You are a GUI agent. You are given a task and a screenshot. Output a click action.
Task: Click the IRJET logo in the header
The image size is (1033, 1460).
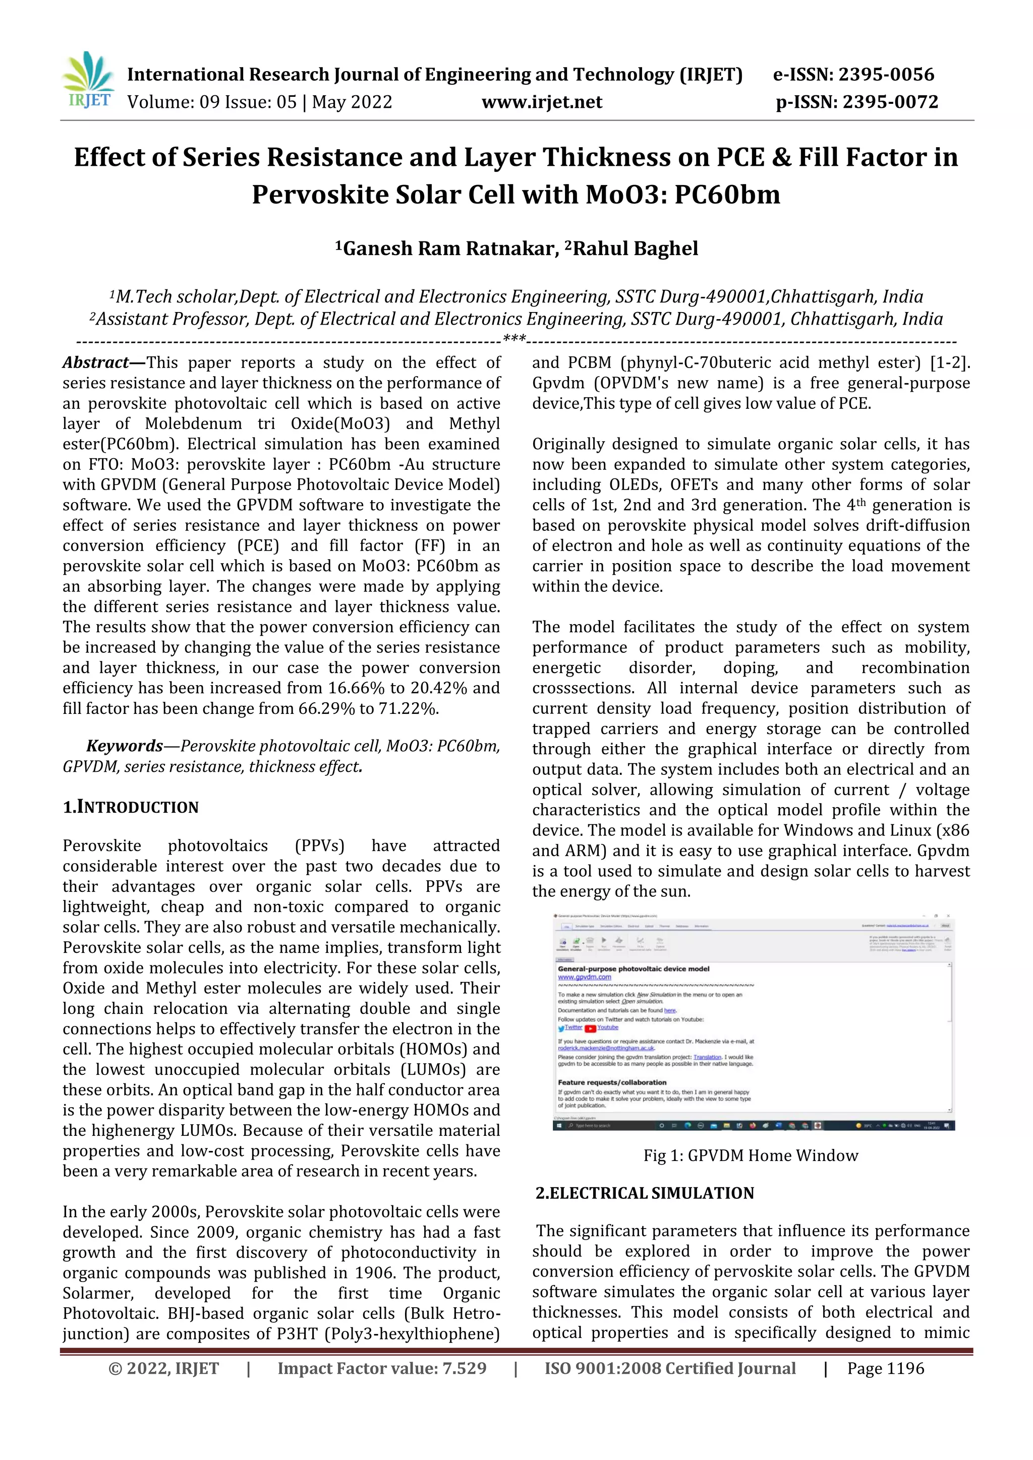88,81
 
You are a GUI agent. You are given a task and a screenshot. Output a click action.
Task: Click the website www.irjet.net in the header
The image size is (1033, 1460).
541,102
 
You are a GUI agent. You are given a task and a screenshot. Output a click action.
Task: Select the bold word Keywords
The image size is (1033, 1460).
125,746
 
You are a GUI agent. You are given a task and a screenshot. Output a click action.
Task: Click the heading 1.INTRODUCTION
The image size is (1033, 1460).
131,807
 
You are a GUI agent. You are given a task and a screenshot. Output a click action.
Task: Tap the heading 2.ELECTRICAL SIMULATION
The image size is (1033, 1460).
644,1193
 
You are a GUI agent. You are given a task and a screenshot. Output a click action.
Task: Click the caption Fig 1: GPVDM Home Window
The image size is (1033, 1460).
751,1155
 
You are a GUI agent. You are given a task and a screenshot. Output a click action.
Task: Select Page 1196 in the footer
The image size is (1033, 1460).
885,1368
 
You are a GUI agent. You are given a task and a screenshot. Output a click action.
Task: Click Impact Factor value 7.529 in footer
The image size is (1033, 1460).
382,1368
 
